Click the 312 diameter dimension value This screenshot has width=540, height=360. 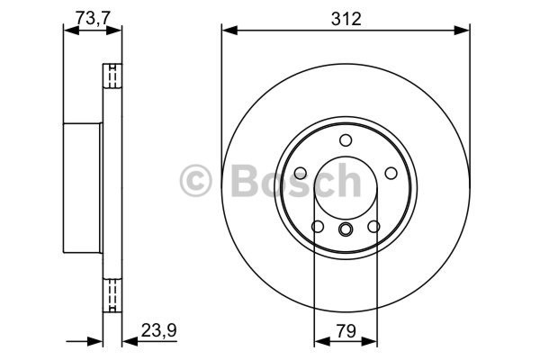[x=346, y=19]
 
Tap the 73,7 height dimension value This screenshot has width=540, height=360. [x=93, y=18]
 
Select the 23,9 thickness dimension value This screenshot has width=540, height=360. [x=158, y=330]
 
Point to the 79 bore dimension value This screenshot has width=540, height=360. [x=346, y=331]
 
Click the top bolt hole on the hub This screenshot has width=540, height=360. [x=346, y=140]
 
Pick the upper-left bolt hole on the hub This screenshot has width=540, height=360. [x=301, y=173]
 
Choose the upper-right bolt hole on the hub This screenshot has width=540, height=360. [x=391, y=173]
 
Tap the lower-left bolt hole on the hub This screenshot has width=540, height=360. [x=318, y=226]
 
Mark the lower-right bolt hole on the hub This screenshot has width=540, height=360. [x=373, y=226]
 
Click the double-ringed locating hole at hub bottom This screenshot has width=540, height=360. [x=346, y=229]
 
